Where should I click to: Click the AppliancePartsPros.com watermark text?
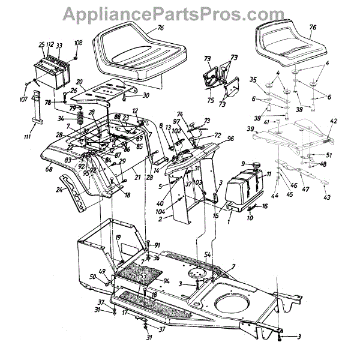[x=179, y=11]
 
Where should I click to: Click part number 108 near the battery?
[x=78, y=43]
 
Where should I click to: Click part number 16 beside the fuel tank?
[x=265, y=205]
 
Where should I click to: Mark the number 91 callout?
[x=157, y=245]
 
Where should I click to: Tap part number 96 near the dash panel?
[x=230, y=139]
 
